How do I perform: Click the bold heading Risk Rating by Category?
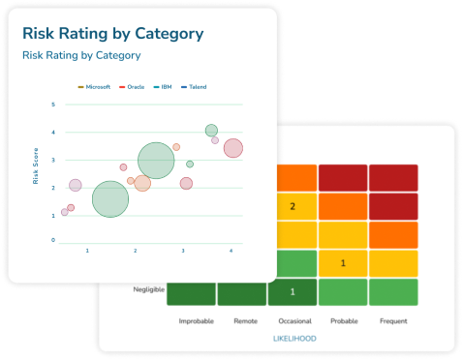pyautogui.click(x=112, y=34)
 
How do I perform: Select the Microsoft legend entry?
pyautogui.click(x=95, y=86)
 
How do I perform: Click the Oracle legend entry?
pyautogui.click(x=133, y=86)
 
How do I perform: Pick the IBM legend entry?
pyautogui.click(x=164, y=86)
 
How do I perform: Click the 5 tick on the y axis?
pyautogui.click(x=54, y=103)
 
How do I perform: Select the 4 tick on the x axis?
pyautogui.click(x=231, y=252)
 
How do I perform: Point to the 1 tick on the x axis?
pyautogui.click(x=87, y=252)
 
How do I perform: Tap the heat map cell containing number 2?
pyautogui.click(x=293, y=206)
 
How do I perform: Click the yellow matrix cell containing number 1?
pyautogui.click(x=343, y=263)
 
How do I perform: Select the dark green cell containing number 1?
pyautogui.click(x=293, y=292)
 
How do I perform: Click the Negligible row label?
pyautogui.click(x=150, y=289)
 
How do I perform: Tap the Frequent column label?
pyautogui.click(x=393, y=320)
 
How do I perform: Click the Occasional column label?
pyautogui.click(x=293, y=320)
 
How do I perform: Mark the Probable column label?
pyautogui.click(x=343, y=320)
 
